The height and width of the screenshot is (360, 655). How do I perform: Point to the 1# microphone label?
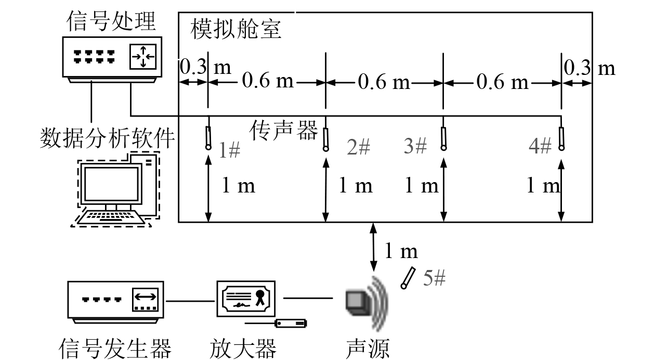coord(229,150)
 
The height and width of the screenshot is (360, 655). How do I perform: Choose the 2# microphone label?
coord(359,148)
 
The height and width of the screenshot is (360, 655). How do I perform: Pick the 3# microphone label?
coord(415,147)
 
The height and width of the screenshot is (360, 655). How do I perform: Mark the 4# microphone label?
coord(540,147)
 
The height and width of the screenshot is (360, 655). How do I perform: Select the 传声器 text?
coord(284,130)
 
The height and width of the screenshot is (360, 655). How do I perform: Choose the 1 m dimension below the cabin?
coord(400,251)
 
